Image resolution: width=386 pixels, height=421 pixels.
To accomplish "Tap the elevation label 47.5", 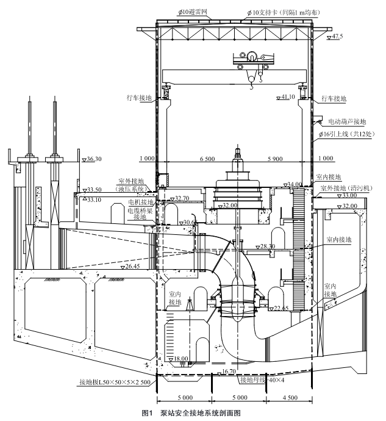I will pos(337,37).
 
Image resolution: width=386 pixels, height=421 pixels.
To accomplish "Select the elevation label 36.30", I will pos(93,159).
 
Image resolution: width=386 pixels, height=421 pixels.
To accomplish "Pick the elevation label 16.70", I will pos(229,371).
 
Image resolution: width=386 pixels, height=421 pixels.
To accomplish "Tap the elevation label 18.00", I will pos(181,359).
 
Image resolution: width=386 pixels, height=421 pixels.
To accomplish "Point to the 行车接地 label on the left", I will pos(138,97).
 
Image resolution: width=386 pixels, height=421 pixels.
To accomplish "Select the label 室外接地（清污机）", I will pos(349,187).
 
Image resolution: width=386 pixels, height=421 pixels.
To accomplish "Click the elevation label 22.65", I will pos(282,292).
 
